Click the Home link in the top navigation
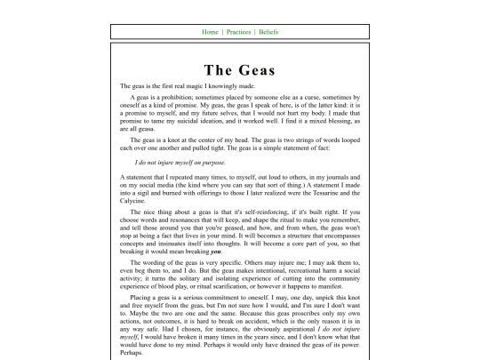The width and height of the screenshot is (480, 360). (x=210, y=32)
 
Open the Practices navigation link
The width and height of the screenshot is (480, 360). (x=238, y=32)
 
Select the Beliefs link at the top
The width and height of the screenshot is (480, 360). (x=268, y=32)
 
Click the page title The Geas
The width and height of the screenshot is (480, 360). (x=239, y=70)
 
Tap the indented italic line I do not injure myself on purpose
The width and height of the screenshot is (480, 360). (x=180, y=163)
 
